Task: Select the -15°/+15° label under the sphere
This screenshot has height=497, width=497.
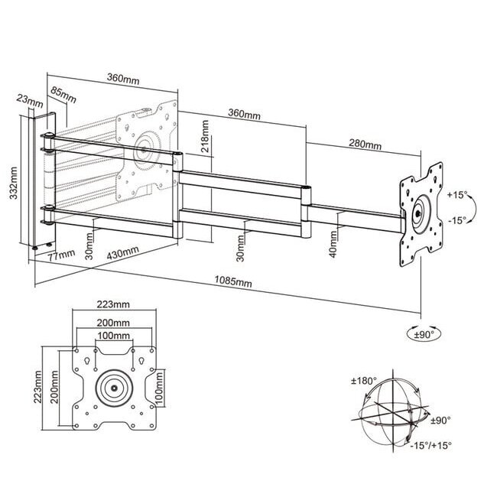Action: tap(430, 445)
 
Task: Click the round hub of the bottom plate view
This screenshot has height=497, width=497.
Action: tap(114, 388)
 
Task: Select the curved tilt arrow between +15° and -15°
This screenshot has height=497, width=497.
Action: tap(472, 207)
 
